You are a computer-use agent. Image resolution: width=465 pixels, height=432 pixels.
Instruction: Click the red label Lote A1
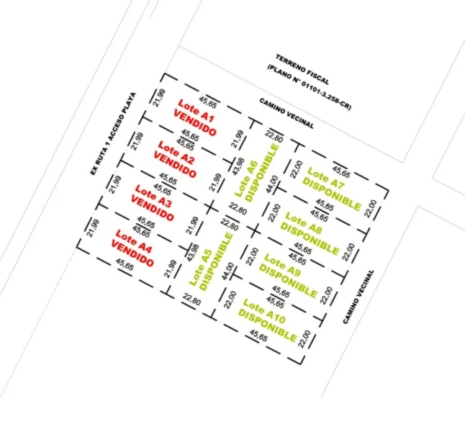click(x=196, y=111)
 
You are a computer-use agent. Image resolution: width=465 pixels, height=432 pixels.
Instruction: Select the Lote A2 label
click(x=176, y=153)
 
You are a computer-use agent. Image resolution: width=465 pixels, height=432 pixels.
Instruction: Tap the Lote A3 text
click(x=153, y=196)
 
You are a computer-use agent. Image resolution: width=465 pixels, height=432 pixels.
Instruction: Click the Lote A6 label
click(x=246, y=179)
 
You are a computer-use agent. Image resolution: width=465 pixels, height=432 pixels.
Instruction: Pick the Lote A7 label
click(x=326, y=178)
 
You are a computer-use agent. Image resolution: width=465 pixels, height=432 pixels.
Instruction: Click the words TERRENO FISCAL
click(x=302, y=69)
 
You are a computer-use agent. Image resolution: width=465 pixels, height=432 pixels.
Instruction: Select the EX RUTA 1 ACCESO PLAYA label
click(x=113, y=133)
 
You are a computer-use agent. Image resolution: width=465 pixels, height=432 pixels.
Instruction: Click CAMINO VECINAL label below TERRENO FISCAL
click(x=286, y=113)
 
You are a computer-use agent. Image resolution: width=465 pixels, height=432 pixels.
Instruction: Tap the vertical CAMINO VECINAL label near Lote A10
click(x=358, y=297)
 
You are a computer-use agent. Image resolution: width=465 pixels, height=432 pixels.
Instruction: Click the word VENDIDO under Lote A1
click(x=194, y=123)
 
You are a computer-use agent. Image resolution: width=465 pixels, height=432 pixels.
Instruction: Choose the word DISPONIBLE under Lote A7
click(x=332, y=194)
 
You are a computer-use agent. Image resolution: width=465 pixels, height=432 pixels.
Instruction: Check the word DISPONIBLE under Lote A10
click(x=267, y=325)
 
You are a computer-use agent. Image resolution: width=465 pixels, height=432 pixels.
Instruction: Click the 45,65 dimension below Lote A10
click(x=258, y=336)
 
